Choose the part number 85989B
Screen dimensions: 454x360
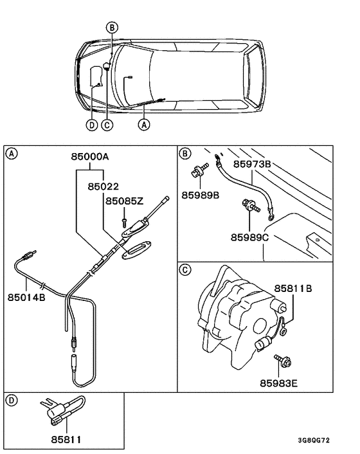click(200, 194)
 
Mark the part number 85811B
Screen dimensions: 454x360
click(294, 289)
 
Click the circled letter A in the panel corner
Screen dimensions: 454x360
click(11, 153)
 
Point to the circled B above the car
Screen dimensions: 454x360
click(112, 27)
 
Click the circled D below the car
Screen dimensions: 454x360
click(92, 125)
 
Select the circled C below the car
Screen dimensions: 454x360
click(107, 125)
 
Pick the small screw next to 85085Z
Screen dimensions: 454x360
click(123, 221)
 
